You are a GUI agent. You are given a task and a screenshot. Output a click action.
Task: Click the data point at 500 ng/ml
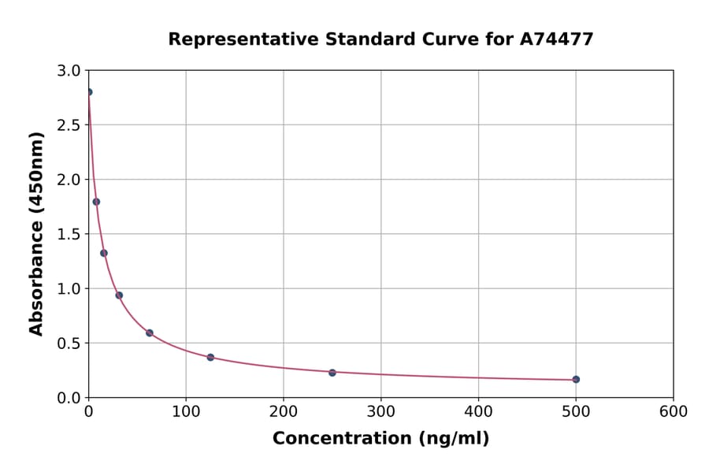click(x=576, y=380)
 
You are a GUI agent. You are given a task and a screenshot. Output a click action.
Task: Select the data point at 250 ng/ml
click(x=332, y=373)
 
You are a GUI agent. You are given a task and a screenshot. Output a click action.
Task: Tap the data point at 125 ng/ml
click(x=210, y=358)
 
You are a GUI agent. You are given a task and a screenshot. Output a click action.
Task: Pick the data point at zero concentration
click(x=88, y=92)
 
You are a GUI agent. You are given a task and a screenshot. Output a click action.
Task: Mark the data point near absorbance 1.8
click(x=96, y=202)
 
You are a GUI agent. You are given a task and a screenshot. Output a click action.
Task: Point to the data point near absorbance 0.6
click(x=150, y=333)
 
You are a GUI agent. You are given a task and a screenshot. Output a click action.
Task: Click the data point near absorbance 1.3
click(x=104, y=253)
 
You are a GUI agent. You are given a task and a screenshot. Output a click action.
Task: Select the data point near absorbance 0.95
click(x=119, y=295)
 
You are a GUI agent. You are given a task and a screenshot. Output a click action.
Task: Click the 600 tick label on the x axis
click(x=674, y=412)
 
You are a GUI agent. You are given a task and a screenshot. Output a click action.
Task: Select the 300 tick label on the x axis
click(x=381, y=412)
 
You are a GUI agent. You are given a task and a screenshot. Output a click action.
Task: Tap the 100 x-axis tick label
click(x=186, y=412)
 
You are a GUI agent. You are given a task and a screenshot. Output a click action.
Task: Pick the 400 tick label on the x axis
click(x=478, y=412)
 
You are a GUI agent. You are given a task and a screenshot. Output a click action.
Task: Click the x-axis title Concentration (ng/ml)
click(x=380, y=439)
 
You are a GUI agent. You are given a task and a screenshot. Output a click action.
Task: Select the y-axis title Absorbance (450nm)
click(x=36, y=233)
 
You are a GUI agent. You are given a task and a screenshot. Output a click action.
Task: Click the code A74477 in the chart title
click(x=556, y=39)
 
